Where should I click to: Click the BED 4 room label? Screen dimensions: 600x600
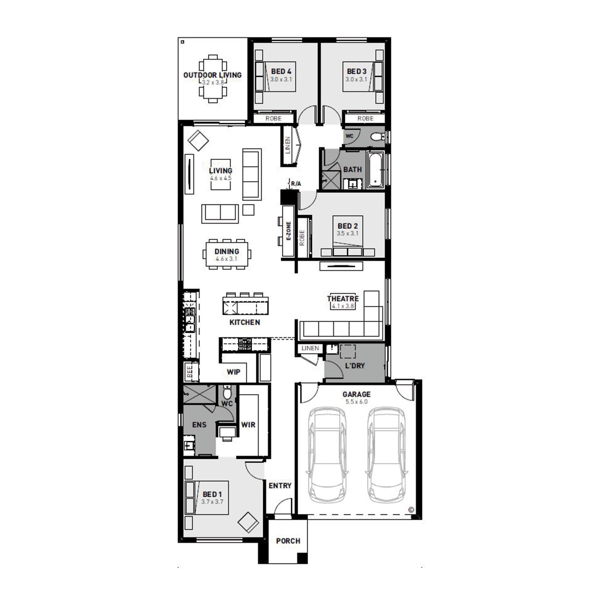(281, 72)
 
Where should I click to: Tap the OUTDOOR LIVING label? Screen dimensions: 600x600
(212, 75)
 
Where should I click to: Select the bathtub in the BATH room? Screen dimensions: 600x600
(376, 170)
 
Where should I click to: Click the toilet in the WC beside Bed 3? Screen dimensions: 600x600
(377, 137)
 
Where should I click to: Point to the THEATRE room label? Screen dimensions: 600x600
(343, 298)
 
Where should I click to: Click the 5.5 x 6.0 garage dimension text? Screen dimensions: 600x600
(356, 402)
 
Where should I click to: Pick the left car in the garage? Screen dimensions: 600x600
(327, 456)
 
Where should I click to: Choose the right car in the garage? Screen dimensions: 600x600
(387, 456)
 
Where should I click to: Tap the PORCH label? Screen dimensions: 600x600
(288, 541)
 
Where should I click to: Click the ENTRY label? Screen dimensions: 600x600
(280, 486)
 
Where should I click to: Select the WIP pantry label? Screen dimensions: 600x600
(234, 372)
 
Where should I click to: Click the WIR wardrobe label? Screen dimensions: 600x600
(248, 425)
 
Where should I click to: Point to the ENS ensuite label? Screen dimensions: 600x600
(199, 425)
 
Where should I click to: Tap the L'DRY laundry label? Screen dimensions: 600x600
(355, 366)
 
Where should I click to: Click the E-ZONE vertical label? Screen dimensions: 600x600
(289, 231)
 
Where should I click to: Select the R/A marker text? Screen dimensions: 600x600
(296, 184)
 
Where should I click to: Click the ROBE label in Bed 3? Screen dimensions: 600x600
(365, 118)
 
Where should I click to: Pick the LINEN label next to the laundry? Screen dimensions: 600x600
(310, 348)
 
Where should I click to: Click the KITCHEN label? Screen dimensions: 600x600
(245, 322)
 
